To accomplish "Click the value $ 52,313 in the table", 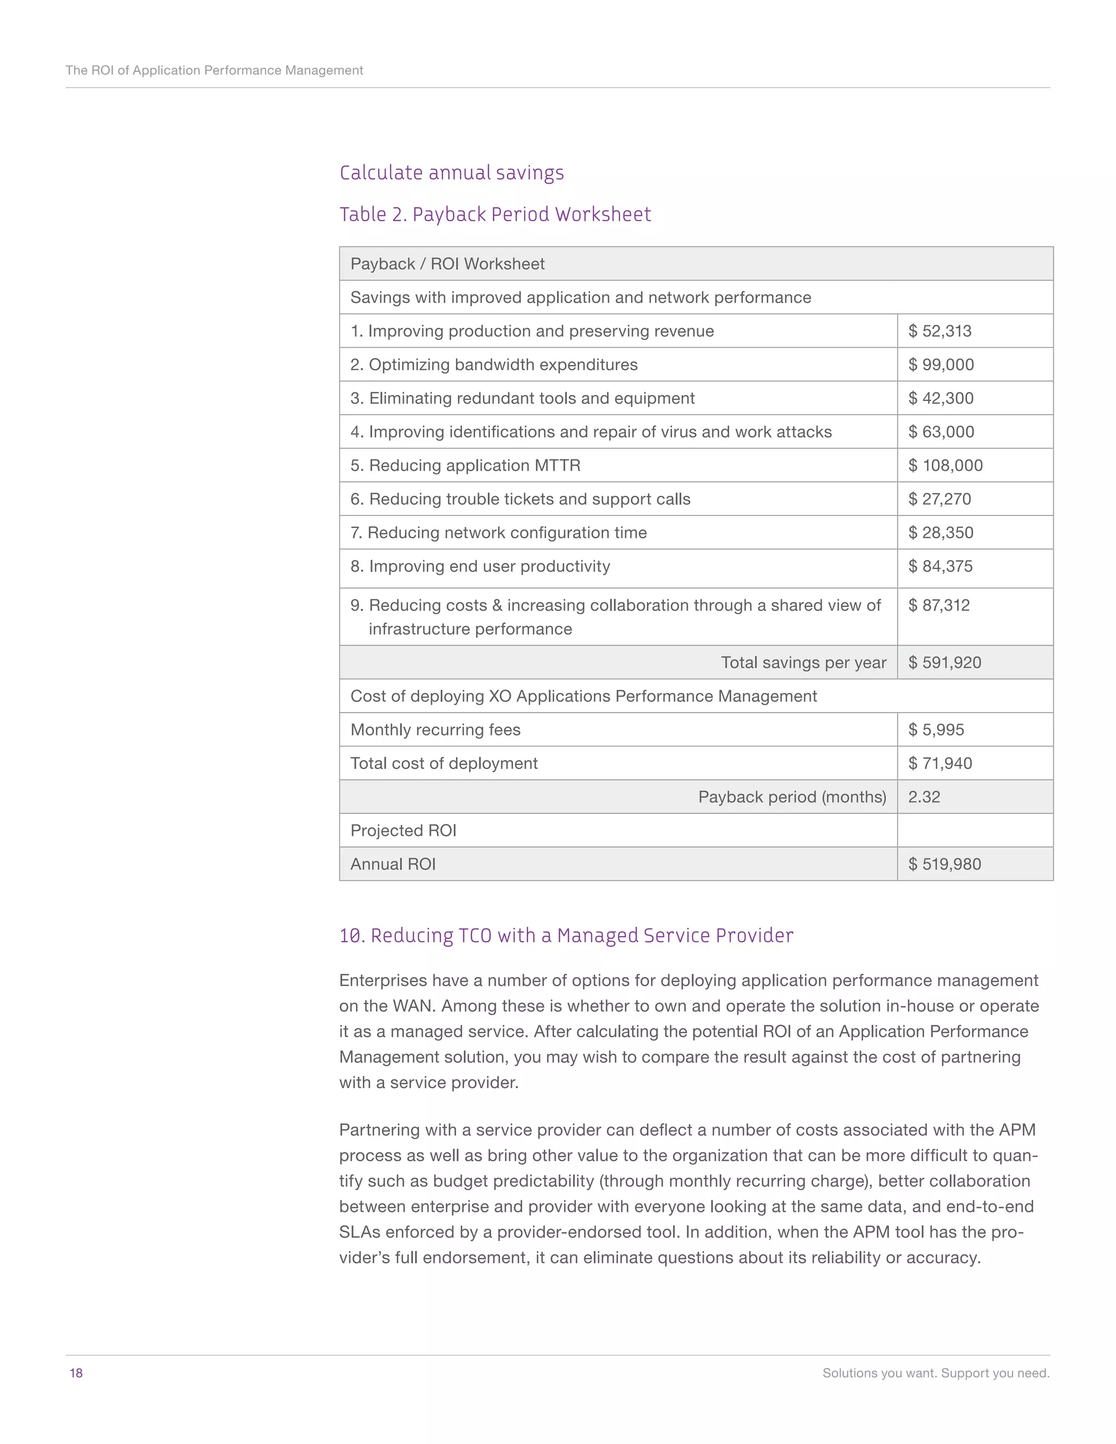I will tap(939, 331).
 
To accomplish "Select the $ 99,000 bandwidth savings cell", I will tap(941, 365).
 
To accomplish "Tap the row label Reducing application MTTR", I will tap(465, 465).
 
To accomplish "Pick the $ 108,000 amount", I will tap(945, 465).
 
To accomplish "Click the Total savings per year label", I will tap(803, 663).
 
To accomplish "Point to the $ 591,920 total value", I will tap(944, 663).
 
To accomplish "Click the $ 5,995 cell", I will tap(936, 730).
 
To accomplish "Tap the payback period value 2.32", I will tap(924, 797).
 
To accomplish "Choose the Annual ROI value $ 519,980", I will tap(944, 864).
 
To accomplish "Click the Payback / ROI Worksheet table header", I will tap(447, 264).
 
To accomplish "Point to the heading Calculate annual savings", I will tap(452, 173).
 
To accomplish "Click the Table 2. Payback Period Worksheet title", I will tap(495, 215).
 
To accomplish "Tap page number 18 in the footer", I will tap(76, 1373).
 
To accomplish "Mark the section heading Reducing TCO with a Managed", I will tap(566, 936).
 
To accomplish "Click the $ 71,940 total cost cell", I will tap(939, 763).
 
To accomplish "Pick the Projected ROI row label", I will tap(403, 830).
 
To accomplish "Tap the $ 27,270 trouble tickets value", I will tap(939, 499).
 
